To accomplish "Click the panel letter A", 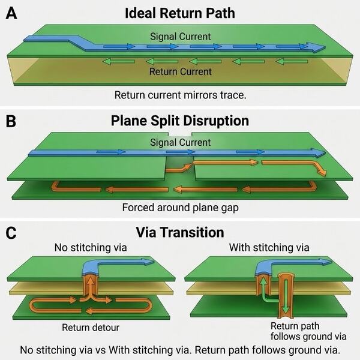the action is tap(11, 13).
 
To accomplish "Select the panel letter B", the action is tap(11, 121).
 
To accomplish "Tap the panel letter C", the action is tap(11, 233).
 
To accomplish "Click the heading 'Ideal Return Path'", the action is tap(180, 13).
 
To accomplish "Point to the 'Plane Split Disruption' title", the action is tap(180, 121).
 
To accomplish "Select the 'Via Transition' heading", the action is tap(180, 232).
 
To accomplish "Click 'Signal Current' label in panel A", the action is tap(180, 37).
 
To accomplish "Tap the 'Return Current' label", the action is tap(180, 71).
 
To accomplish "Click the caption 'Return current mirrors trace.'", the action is tap(180, 95).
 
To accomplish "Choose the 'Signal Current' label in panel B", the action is tap(180, 142).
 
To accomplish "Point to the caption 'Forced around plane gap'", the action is tap(180, 208).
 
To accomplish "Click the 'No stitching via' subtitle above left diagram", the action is tap(91, 247).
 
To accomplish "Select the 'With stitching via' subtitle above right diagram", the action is tap(269, 247).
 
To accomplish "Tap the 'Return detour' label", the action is tap(91, 328).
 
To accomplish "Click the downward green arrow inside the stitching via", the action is tap(286, 296).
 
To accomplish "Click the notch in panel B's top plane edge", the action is tap(180, 134).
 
